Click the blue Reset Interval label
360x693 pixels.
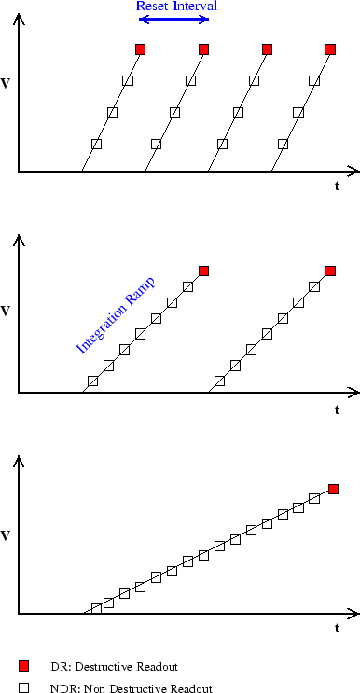pyautogui.click(x=177, y=7)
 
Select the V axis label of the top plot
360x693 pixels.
pyautogui.click(x=7, y=84)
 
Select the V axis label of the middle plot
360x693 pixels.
pyautogui.click(x=7, y=306)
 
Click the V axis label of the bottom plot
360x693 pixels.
pyautogui.click(x=7, y=535)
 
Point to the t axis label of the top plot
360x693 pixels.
pyautogui.click(x=338, y=186)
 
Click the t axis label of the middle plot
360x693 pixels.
pyautogui.click(x=338, y=409)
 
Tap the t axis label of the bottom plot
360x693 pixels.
pyautogui.click(x=338, y=628)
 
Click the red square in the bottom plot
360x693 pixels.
pyautogui.click(x=333, y=489)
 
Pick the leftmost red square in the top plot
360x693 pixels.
pyautogui.click(x=140, y=49)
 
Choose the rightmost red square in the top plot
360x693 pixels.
pyautogui.click(x=329, y=49)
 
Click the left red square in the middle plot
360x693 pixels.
pyautogui.click(x=203, y=270)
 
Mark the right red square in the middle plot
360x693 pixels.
pyautogui.click(x=329, y=270)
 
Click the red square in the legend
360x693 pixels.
pyautogui.click(x=25, y=666)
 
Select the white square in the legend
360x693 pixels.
pyautogui.click(x=25, y=687)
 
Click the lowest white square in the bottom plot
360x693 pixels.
pyautogui.click(x=96, y=609)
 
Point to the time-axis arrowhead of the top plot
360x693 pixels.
pyautogui.click(x=353, y=172)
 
